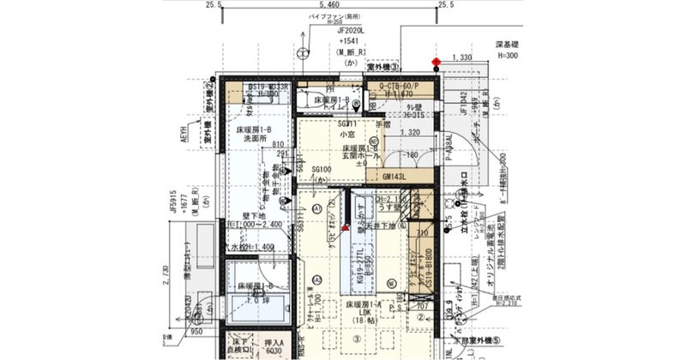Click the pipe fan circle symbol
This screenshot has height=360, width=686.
point(302,53)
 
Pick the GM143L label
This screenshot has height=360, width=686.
point(394,177)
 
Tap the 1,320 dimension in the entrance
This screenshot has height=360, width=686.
point(409,133)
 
